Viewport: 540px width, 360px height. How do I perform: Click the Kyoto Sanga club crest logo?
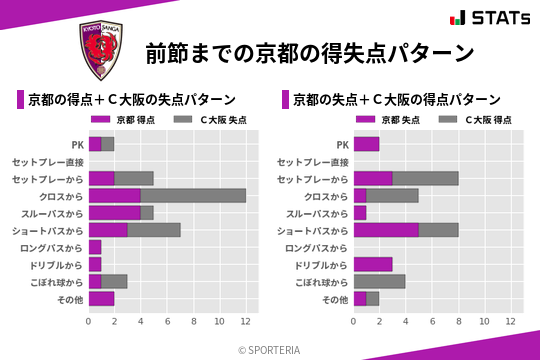101,51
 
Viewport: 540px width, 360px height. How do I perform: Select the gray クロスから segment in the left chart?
193,195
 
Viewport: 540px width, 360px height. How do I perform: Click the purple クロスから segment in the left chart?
114,195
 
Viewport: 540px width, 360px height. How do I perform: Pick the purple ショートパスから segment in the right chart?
385,230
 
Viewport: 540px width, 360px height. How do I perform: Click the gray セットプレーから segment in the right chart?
425,178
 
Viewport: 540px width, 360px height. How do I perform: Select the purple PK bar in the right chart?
366,144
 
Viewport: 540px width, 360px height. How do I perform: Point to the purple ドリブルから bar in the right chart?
372,264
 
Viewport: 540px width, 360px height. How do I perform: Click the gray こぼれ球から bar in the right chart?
379,281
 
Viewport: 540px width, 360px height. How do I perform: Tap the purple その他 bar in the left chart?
101,298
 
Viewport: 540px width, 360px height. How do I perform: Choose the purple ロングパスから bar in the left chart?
95,247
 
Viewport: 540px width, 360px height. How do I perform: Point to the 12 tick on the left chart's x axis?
245,321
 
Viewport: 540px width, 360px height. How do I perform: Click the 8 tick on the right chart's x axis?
458,321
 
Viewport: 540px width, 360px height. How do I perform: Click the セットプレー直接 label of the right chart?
313,161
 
